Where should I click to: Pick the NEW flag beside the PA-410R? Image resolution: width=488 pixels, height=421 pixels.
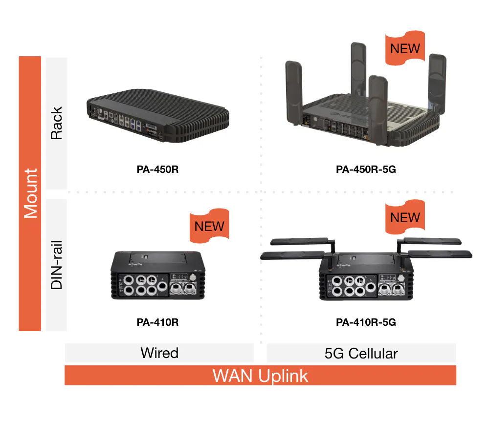pyautogui.click(x=209, y=226)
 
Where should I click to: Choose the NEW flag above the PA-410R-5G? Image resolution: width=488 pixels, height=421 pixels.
pyautogui.click(x=405, y=216)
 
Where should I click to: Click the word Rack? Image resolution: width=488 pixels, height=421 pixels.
pyautogui.click(x=57, y=124)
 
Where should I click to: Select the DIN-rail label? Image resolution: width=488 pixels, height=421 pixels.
pyautogui.click(x=57, y=264)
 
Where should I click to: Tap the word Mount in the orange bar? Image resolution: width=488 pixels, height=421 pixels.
pyautogui.click(x=30, y=193)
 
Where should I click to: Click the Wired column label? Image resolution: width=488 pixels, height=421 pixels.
pyautogui.click(x=159, y=353)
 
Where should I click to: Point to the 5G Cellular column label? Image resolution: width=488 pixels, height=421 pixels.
pyautogui.click(x=361, y=353)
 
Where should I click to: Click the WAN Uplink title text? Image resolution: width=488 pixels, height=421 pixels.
pyautogui.click(x=260, y=376)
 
